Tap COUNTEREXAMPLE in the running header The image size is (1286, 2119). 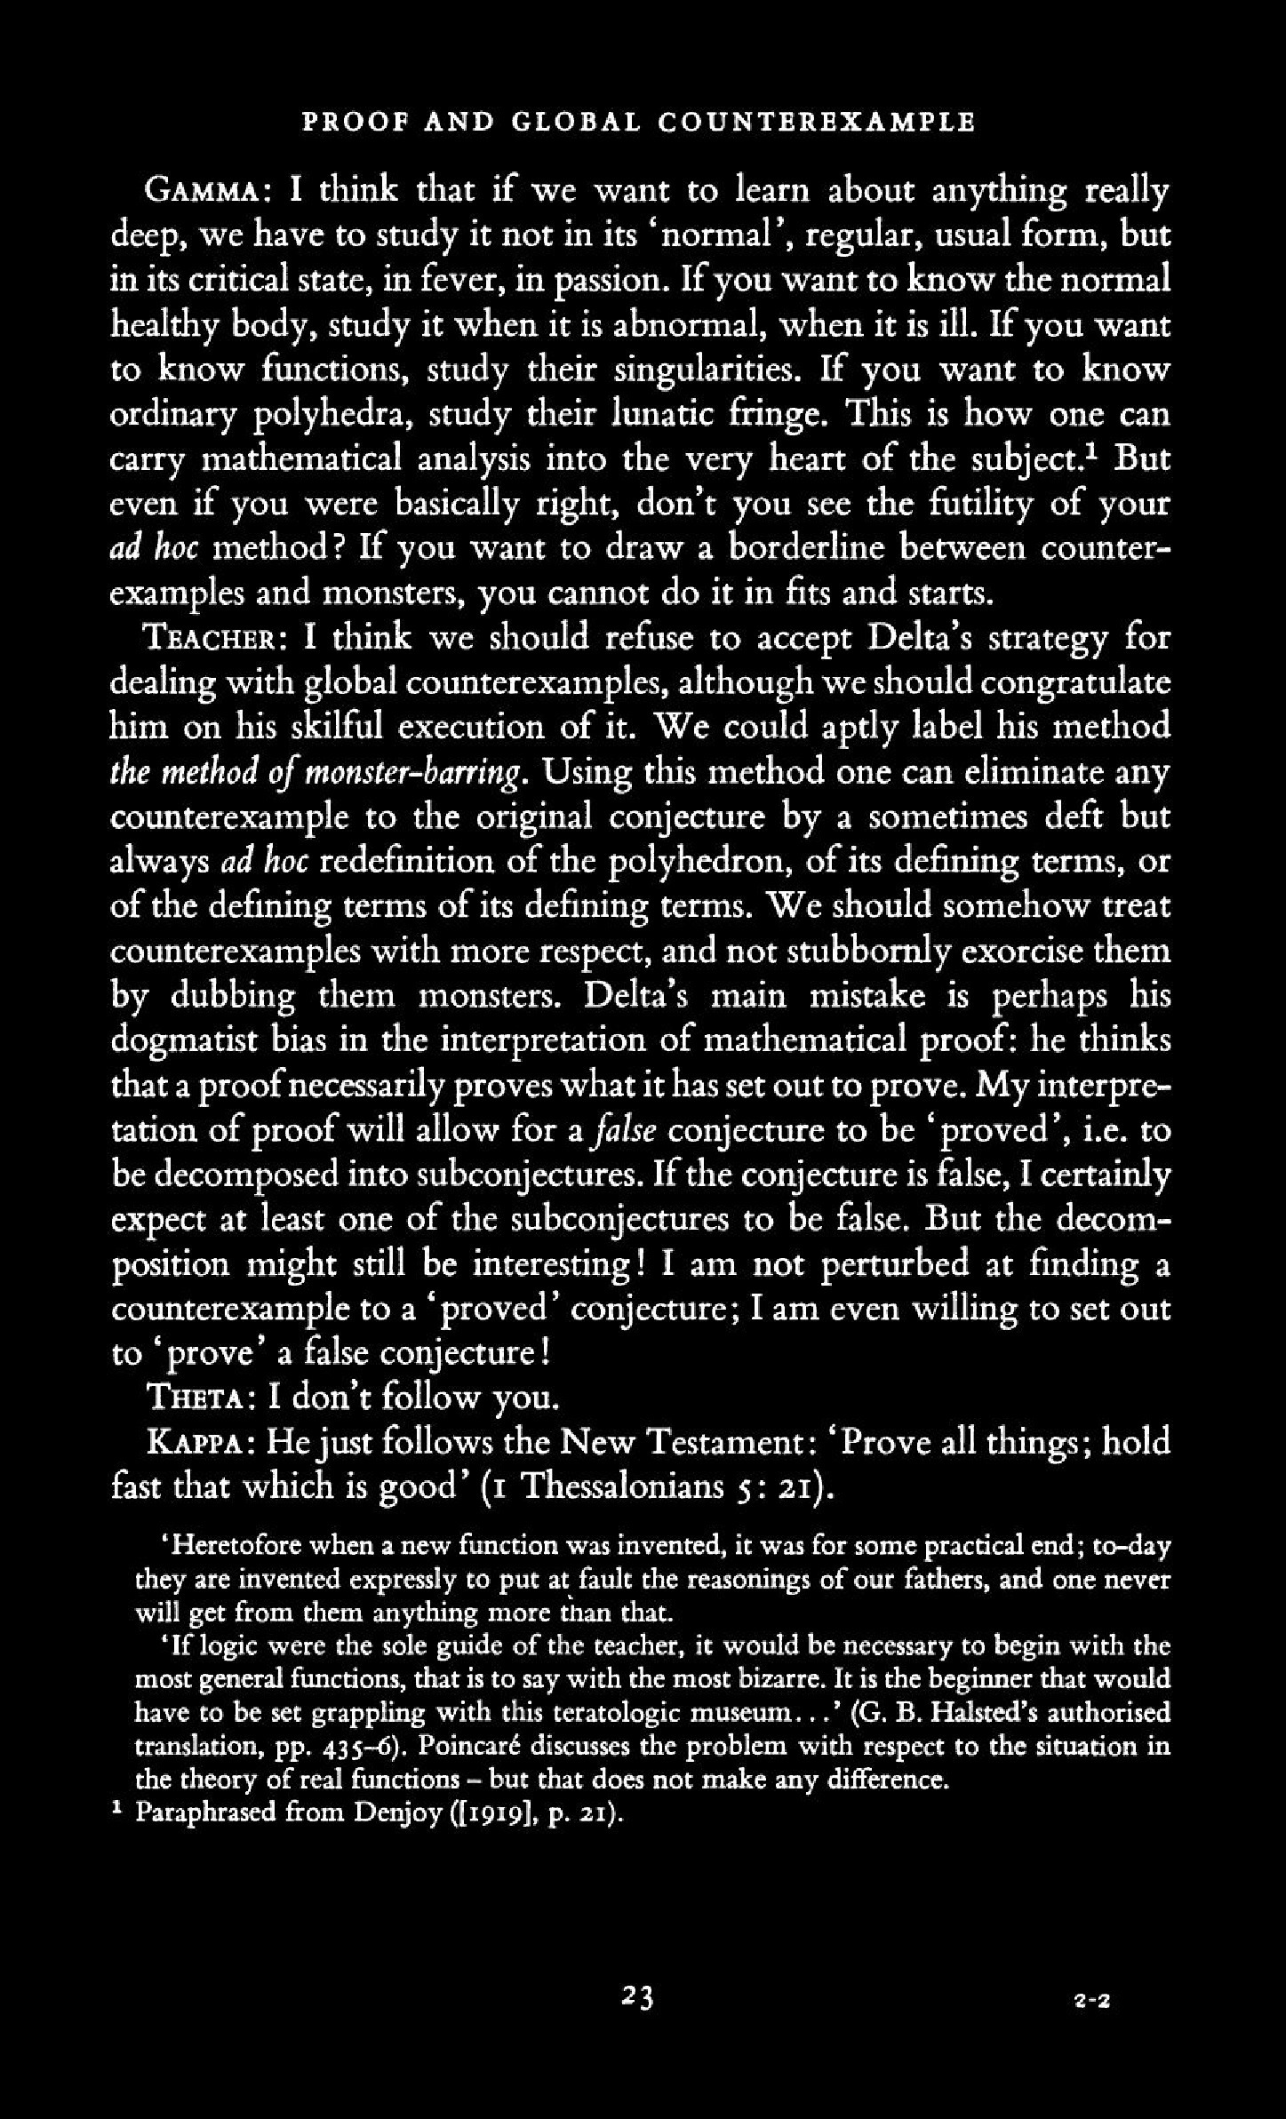pos(817,122)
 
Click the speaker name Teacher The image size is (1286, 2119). pos(213,638)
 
